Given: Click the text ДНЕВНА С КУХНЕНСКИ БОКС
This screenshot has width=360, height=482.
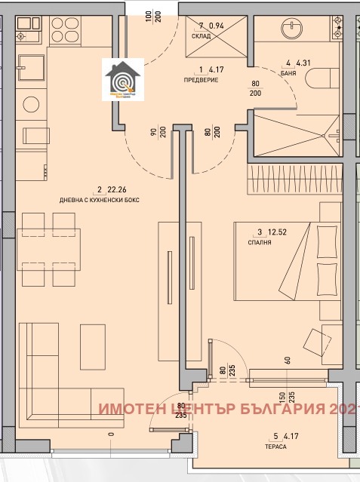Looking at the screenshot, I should click(x=97, y=199).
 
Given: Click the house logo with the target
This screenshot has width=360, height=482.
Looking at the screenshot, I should click(x=122, y=81).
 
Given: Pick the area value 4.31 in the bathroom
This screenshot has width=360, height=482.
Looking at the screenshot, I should click(x=306, y=63).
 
